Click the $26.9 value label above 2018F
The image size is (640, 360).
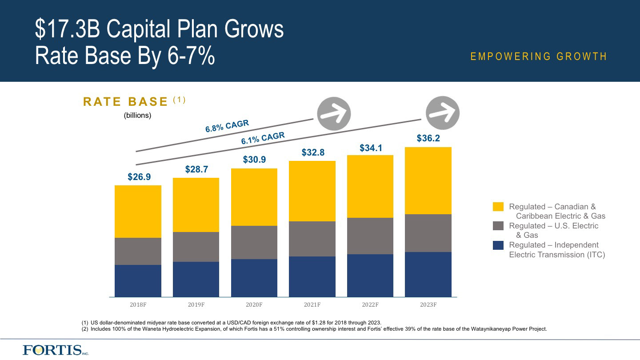click(x=139, y=177)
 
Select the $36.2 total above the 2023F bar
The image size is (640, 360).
click(x=428, y=138)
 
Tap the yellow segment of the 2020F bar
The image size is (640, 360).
click(x=254, y=197)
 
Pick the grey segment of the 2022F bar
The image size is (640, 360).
click(x=370, y=236)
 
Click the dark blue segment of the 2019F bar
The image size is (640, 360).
click(x=196, y=279)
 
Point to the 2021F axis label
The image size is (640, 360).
click(x=312, y=305)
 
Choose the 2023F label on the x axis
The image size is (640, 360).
click(x=428, y=305)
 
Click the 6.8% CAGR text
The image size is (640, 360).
click(x=227, y=126)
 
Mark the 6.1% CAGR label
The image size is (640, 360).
click(x=263, y=138)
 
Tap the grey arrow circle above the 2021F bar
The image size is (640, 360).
click(x=334, y=113)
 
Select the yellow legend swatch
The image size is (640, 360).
click(x=498, y=207)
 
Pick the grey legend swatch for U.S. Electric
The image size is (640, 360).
click(x=498, y=226)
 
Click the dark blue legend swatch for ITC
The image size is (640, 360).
click(x=498, y=245)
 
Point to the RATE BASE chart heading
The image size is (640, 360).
click(x=126, y=102)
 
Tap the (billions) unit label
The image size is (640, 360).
click(x=137, y=116)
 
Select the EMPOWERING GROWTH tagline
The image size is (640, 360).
click(x=539, y=56)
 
